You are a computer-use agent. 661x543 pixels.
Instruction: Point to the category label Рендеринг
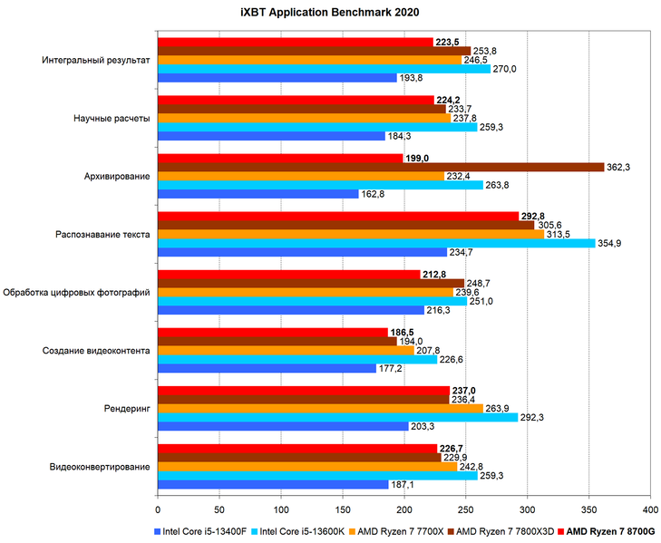pos(129,409)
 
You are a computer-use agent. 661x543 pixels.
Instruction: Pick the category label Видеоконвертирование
pos(100,467)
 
